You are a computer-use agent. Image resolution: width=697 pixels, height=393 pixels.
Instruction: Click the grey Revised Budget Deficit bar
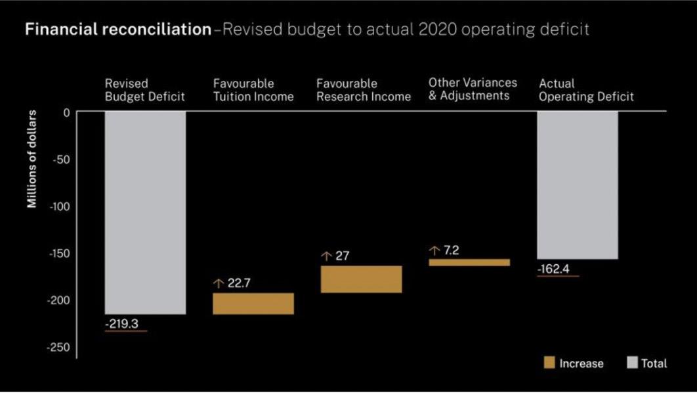click(x=145, y=212)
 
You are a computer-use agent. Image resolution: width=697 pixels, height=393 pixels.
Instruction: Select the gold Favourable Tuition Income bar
click(x=253, y=304)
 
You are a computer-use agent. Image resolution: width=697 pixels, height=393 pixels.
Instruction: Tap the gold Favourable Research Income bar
click(x=361, y=279)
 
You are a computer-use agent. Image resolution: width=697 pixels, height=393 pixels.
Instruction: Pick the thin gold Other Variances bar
click(x=469, y=262)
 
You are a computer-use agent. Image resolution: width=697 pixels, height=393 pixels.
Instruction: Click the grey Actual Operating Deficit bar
click(x=578, y=185)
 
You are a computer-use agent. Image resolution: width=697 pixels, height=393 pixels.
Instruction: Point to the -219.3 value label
click(x=122, y=324)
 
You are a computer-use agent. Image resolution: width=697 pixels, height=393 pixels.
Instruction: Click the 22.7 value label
click(x=240, y=284)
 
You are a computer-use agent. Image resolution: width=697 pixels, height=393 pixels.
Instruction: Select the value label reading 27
click(x=342, y=256)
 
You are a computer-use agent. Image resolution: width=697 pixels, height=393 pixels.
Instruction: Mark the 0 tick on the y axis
click(x=66, y=112)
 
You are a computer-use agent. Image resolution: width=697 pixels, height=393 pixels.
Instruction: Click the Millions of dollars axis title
click(x=32, y=159)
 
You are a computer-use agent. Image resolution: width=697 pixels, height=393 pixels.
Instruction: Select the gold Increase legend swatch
click(x=549, y=363)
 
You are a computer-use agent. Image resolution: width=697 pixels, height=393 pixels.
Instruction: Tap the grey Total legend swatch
click(x=633, y=363)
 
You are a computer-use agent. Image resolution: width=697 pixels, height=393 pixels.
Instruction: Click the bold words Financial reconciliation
click(x=118, y=31)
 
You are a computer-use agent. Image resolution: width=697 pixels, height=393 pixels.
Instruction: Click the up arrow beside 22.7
click(x=219, y=284)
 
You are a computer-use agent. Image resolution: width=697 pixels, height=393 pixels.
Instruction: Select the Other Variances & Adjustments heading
click(x=473, y=89)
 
